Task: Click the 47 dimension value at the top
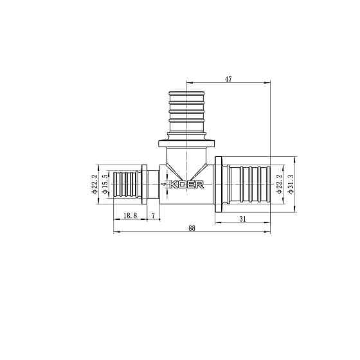tap(228, 79)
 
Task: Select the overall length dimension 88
tap(192, 228)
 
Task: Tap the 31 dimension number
tap(242, 219)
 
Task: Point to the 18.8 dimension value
tap(130, 215)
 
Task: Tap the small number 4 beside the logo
tap(164, 184)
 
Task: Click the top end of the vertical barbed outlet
tap(186, 86)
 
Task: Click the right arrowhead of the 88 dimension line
tap(269, 232)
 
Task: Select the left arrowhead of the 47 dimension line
tap(188, 83)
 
